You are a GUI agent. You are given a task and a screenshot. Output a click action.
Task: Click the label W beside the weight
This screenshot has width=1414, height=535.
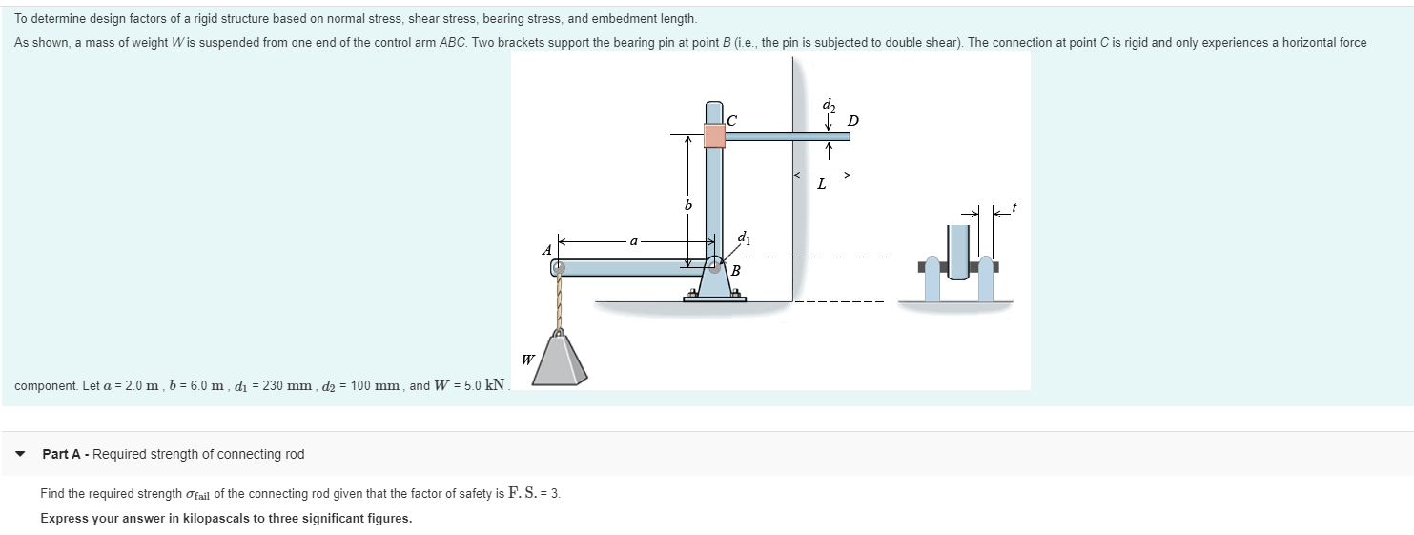pyautogui.click(x=527, y=360)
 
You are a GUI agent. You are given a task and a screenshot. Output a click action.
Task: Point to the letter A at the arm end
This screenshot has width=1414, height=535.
pyautogui.click(x=547, y=250)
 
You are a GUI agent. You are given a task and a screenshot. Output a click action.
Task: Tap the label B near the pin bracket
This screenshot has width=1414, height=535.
pyautogui.click(x=734, y=271)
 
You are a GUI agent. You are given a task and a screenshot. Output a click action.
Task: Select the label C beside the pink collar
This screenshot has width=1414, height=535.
pyautogui.click(x=732, y=120)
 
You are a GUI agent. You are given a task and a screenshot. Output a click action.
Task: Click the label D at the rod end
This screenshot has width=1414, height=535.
pyautogui.click(x=852, y=120)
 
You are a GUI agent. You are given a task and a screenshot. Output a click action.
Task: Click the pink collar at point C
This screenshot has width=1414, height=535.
pyautogui.click(x=714, y=135)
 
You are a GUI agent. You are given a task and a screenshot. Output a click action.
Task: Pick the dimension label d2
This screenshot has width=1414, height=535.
pyautogui.click(x=829, y=104)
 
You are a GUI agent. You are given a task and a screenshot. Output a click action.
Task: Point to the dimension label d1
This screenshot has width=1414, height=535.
pyautogui.click(x=744, y=237)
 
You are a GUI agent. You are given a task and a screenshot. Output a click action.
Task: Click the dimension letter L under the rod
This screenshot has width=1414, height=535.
pyautogui.click(x=821, y=185)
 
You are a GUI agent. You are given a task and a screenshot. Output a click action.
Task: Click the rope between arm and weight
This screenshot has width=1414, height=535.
pyautogui.click(x=559, y=301)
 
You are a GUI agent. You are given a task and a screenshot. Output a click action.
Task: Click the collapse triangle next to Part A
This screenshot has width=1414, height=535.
pyautogui.click(x=21, y=454)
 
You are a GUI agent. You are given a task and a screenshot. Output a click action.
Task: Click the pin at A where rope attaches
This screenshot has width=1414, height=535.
pyautogui.click(x=559, y=268)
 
